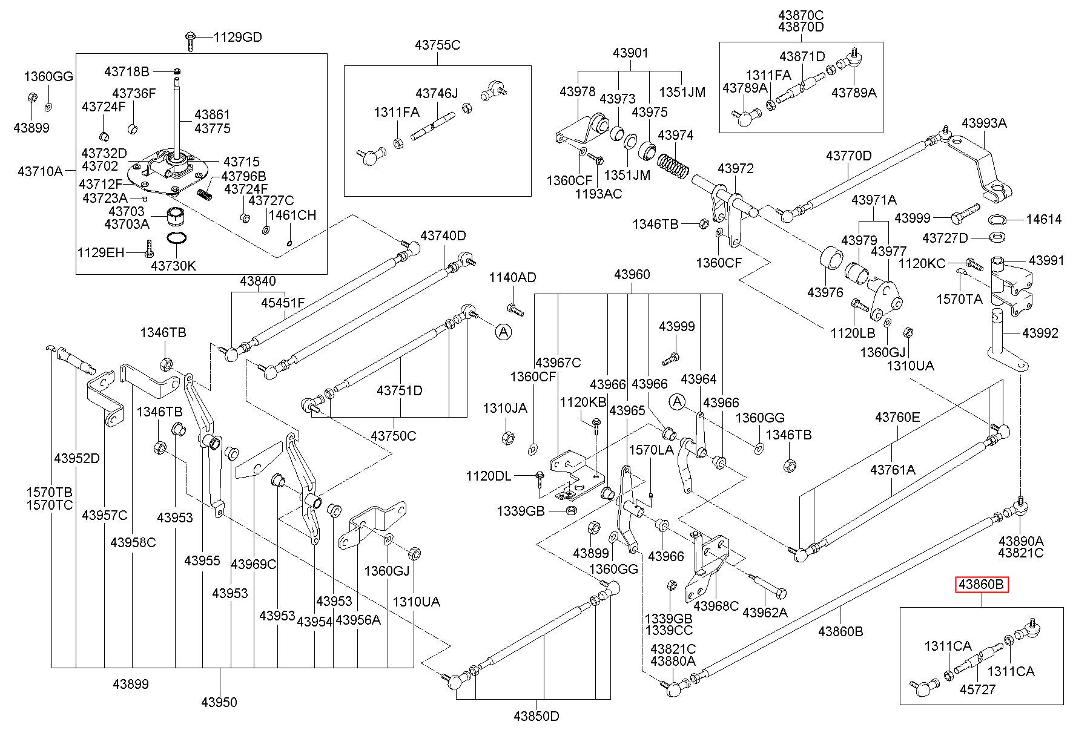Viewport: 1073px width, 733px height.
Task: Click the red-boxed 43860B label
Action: (982, 584)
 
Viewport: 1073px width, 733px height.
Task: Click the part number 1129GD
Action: (237, 38)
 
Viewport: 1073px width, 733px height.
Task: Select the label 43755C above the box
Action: (438, 45)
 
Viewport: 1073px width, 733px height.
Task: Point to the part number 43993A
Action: (984, 123)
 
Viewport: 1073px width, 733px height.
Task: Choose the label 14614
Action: (1043, 219)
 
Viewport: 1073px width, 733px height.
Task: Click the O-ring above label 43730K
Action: (176, 240)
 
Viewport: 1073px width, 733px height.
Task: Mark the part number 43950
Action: (219, 702)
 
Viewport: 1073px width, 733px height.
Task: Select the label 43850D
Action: (536, 716)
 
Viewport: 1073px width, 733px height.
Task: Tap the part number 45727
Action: (977, 689)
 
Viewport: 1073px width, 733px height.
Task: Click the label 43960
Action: (632, 275)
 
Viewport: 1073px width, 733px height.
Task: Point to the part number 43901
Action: (630, 53)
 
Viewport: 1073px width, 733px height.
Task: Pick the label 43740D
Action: (443, 235)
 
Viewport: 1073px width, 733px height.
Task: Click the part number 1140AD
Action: (513, 278)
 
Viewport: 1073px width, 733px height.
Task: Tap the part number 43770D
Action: (849, 156)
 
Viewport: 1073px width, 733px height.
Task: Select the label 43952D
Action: (76, 458)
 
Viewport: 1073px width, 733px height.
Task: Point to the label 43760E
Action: (897, 417)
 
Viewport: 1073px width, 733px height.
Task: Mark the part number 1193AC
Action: (598, 194)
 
